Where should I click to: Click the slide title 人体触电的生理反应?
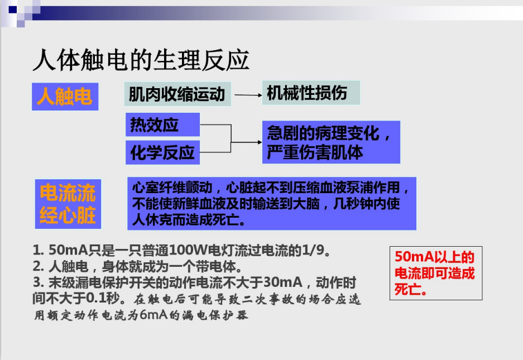141,60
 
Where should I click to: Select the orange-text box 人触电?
65,97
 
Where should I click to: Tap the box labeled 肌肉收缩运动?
177,94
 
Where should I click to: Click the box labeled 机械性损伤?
311,93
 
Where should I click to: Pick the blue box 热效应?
162,124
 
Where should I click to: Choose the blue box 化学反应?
162,152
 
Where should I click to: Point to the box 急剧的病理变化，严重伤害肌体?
331,142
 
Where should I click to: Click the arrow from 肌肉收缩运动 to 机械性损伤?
248,95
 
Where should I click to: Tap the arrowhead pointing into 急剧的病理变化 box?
260,142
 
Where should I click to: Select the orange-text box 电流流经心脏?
68,204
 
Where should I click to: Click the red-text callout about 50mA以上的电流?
436,273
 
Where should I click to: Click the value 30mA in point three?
283,282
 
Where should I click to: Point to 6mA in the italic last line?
153,315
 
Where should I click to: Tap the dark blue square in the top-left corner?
13,10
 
